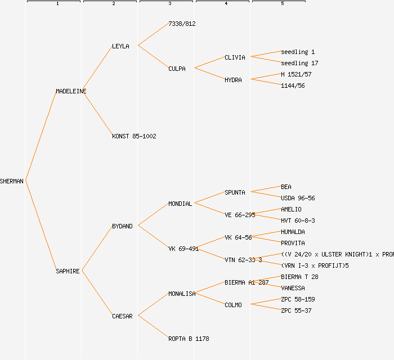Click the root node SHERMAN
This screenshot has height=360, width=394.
point(12,181)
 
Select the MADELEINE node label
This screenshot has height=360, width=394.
point(71,91)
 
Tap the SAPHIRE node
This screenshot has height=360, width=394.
point(68,271)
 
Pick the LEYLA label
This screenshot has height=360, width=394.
point(120,46)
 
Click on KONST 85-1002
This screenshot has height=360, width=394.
point(134,136)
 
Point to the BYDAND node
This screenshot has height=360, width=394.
point(122,226)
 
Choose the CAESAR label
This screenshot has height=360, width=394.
point(122,316)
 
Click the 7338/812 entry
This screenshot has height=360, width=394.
point(182,24)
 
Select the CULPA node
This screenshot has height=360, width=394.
point(177,69)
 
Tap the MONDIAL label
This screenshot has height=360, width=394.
point(180,204)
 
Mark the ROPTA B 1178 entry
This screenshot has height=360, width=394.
point(189,339)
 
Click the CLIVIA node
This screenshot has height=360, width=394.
point(235,57)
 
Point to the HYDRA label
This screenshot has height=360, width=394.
point(233,80)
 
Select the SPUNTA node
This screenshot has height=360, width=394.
point(235,192)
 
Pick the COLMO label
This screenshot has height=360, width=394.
point(233,305)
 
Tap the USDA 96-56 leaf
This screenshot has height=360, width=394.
point(298,198)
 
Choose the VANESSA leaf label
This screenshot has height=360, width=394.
point(293,288)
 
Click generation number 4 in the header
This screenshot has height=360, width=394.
point(226,4)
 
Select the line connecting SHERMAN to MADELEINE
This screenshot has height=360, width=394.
point(41,136)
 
